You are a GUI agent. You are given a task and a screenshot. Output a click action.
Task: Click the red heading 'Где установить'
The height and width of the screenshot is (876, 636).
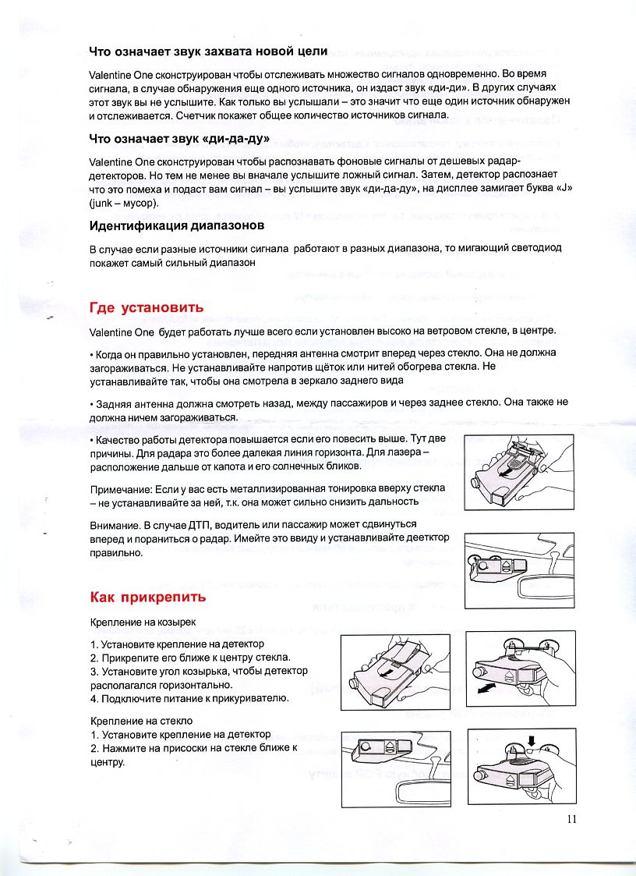(147, 307)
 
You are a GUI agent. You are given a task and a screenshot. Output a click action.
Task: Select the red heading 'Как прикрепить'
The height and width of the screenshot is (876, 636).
(148, 598)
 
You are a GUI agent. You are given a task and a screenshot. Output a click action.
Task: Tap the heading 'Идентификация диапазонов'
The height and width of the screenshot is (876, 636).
(177, 225)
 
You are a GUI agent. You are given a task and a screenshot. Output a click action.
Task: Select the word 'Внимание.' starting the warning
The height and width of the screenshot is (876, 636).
(115, 524)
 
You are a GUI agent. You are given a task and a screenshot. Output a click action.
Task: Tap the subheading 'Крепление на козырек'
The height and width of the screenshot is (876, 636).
(143, 623)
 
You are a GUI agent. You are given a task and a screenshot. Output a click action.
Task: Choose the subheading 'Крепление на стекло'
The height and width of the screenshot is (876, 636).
(141, 721)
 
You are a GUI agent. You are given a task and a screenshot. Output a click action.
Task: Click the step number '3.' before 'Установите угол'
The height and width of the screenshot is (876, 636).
(94, 671)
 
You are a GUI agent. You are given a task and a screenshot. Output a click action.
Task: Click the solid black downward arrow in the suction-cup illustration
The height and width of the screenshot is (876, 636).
(532, 740)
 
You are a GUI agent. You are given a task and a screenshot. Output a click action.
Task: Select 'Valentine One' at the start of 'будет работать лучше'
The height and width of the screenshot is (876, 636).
(122, 332)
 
